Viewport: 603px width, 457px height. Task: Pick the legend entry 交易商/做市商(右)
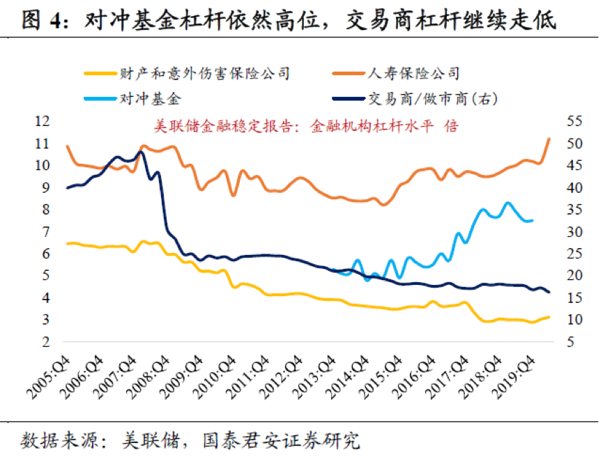(x=432, y=99)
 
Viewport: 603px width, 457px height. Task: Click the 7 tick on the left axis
(x=46, y=231)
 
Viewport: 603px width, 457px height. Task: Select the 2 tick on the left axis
(x=46, y=342)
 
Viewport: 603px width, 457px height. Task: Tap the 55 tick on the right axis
(x=573, y=121)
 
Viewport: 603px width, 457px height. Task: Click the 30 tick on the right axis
(x=573, y=231)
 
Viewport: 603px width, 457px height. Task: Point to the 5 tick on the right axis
(x=570, y=342)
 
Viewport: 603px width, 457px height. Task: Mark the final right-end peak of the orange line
(x=549, y=139)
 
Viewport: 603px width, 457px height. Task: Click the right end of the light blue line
(x=533, y=220)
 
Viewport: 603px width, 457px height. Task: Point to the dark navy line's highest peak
(x=142, y=152)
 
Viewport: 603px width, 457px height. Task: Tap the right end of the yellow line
(x=549, y=317)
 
